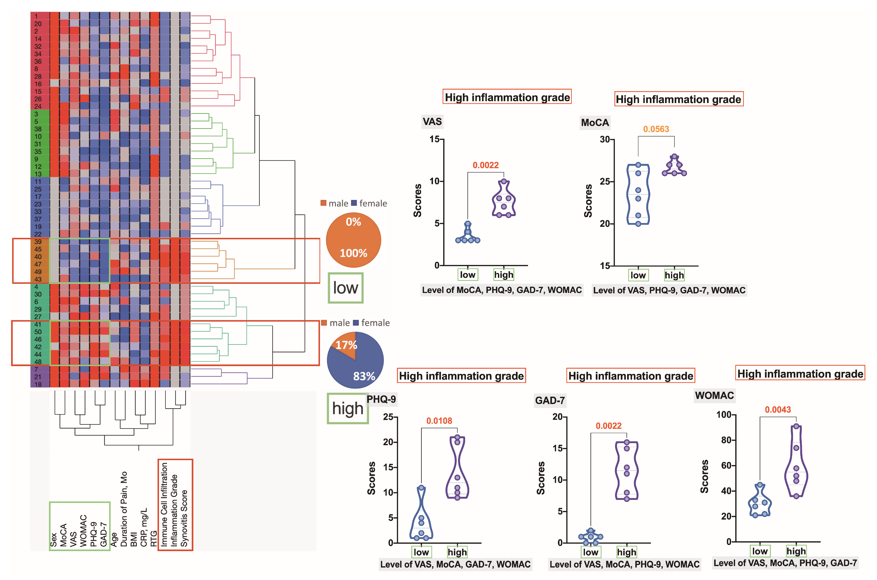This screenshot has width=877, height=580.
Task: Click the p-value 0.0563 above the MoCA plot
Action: point(656,129)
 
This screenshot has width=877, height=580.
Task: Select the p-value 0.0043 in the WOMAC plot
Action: point(778,410)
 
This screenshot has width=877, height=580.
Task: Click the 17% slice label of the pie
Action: point(346,345)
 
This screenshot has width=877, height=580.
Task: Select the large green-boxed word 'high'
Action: point(348,408)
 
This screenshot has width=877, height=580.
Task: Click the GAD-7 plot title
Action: point(550,400)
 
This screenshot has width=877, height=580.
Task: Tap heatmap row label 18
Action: point(38,384)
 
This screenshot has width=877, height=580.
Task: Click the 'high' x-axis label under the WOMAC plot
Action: point(796,551)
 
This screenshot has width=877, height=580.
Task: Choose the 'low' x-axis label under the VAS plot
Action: point(468,275)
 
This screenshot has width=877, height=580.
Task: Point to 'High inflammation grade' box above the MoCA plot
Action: point(679,99)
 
